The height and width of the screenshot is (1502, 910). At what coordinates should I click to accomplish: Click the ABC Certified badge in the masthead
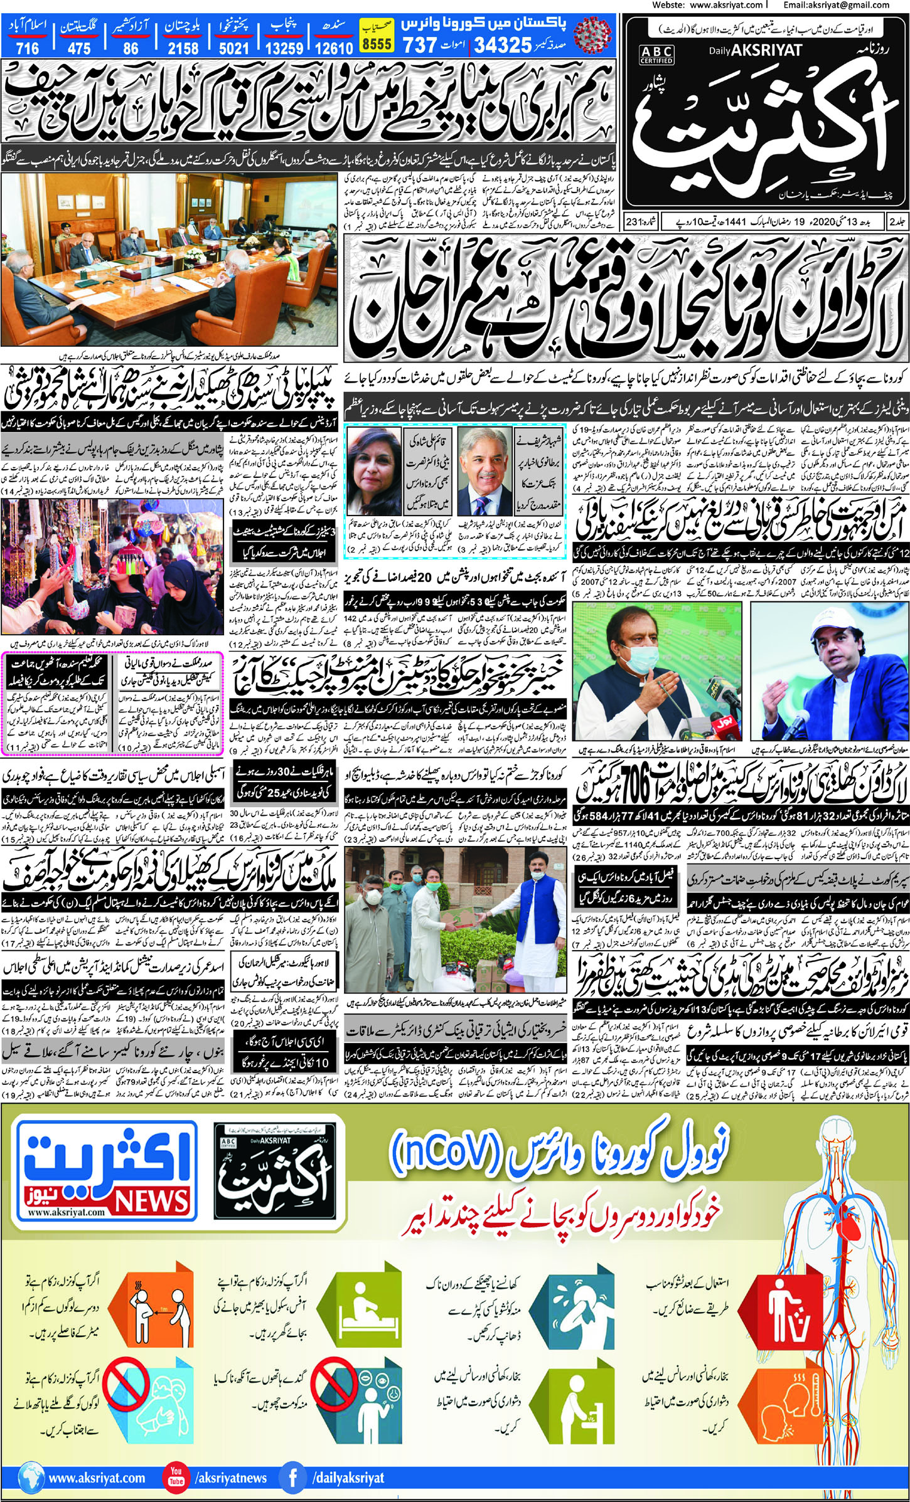pyautogui.click(x=656, y=56)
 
